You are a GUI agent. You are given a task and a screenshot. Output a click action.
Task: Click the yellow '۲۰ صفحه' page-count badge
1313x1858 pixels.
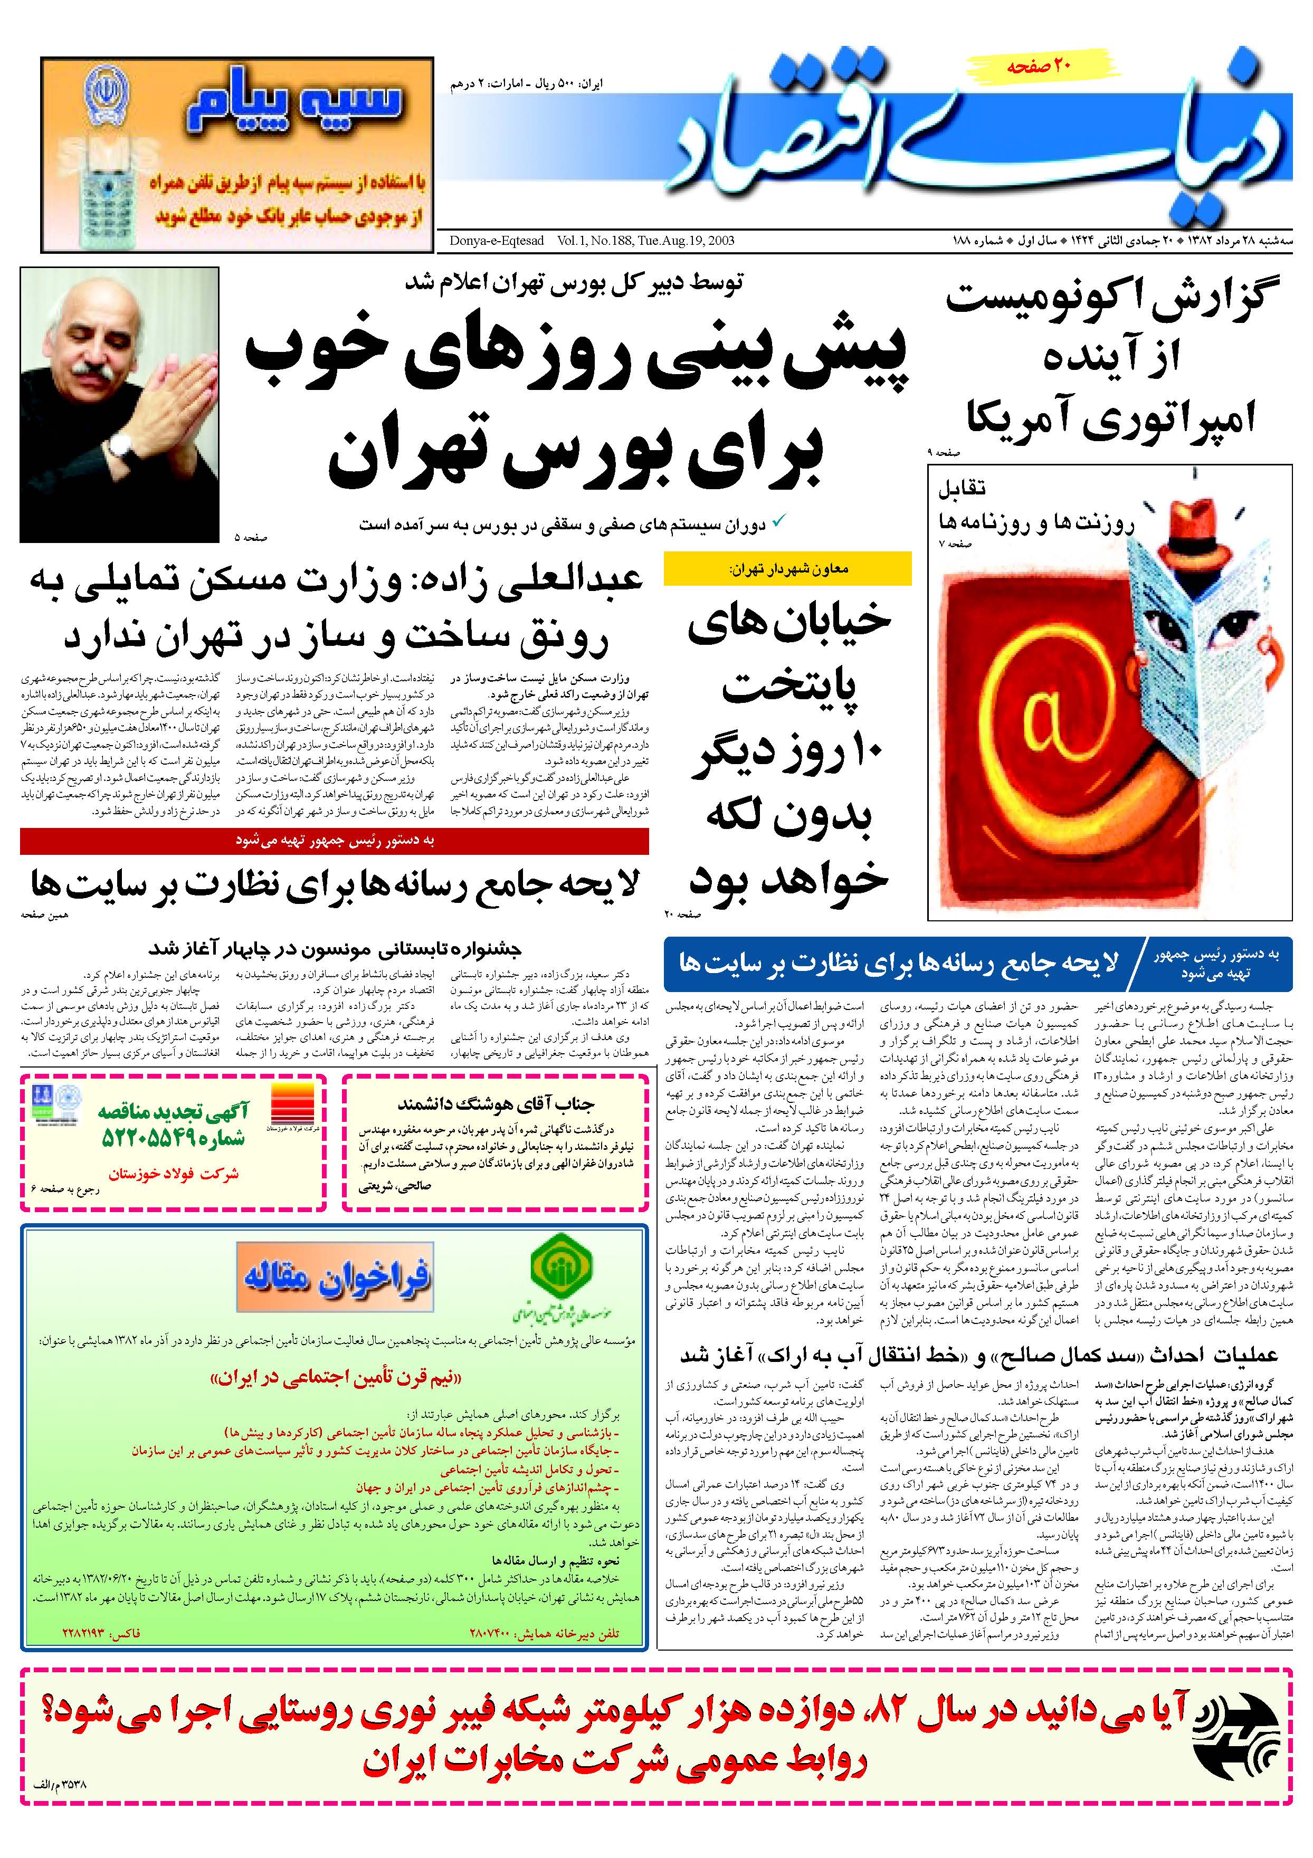1039,67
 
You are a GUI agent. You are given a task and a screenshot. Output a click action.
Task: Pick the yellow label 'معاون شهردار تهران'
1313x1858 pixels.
787,569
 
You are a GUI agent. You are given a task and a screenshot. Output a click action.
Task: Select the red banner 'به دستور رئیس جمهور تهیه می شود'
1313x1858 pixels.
335,841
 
